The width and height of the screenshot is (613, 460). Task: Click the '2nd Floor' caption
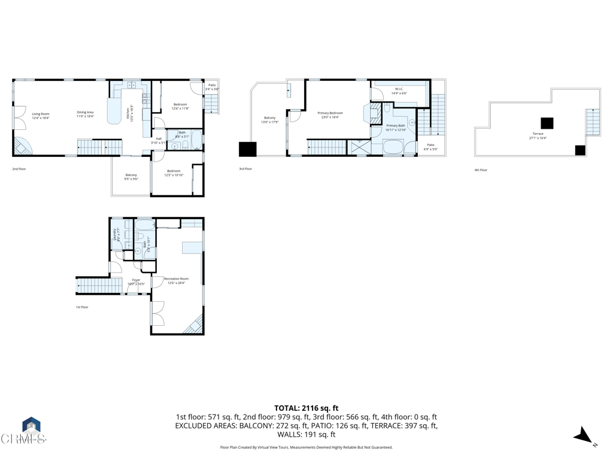[19, 169]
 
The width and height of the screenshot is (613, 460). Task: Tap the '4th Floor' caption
[481, 170]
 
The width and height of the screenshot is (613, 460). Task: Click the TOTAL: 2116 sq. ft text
[306, 407]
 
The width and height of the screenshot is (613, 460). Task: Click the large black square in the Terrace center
[547, 123]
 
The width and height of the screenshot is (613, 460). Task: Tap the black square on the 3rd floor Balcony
[248, 149]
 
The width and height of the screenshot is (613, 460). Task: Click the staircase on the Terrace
[593, 122]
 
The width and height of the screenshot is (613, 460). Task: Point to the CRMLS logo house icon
[31, 426]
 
